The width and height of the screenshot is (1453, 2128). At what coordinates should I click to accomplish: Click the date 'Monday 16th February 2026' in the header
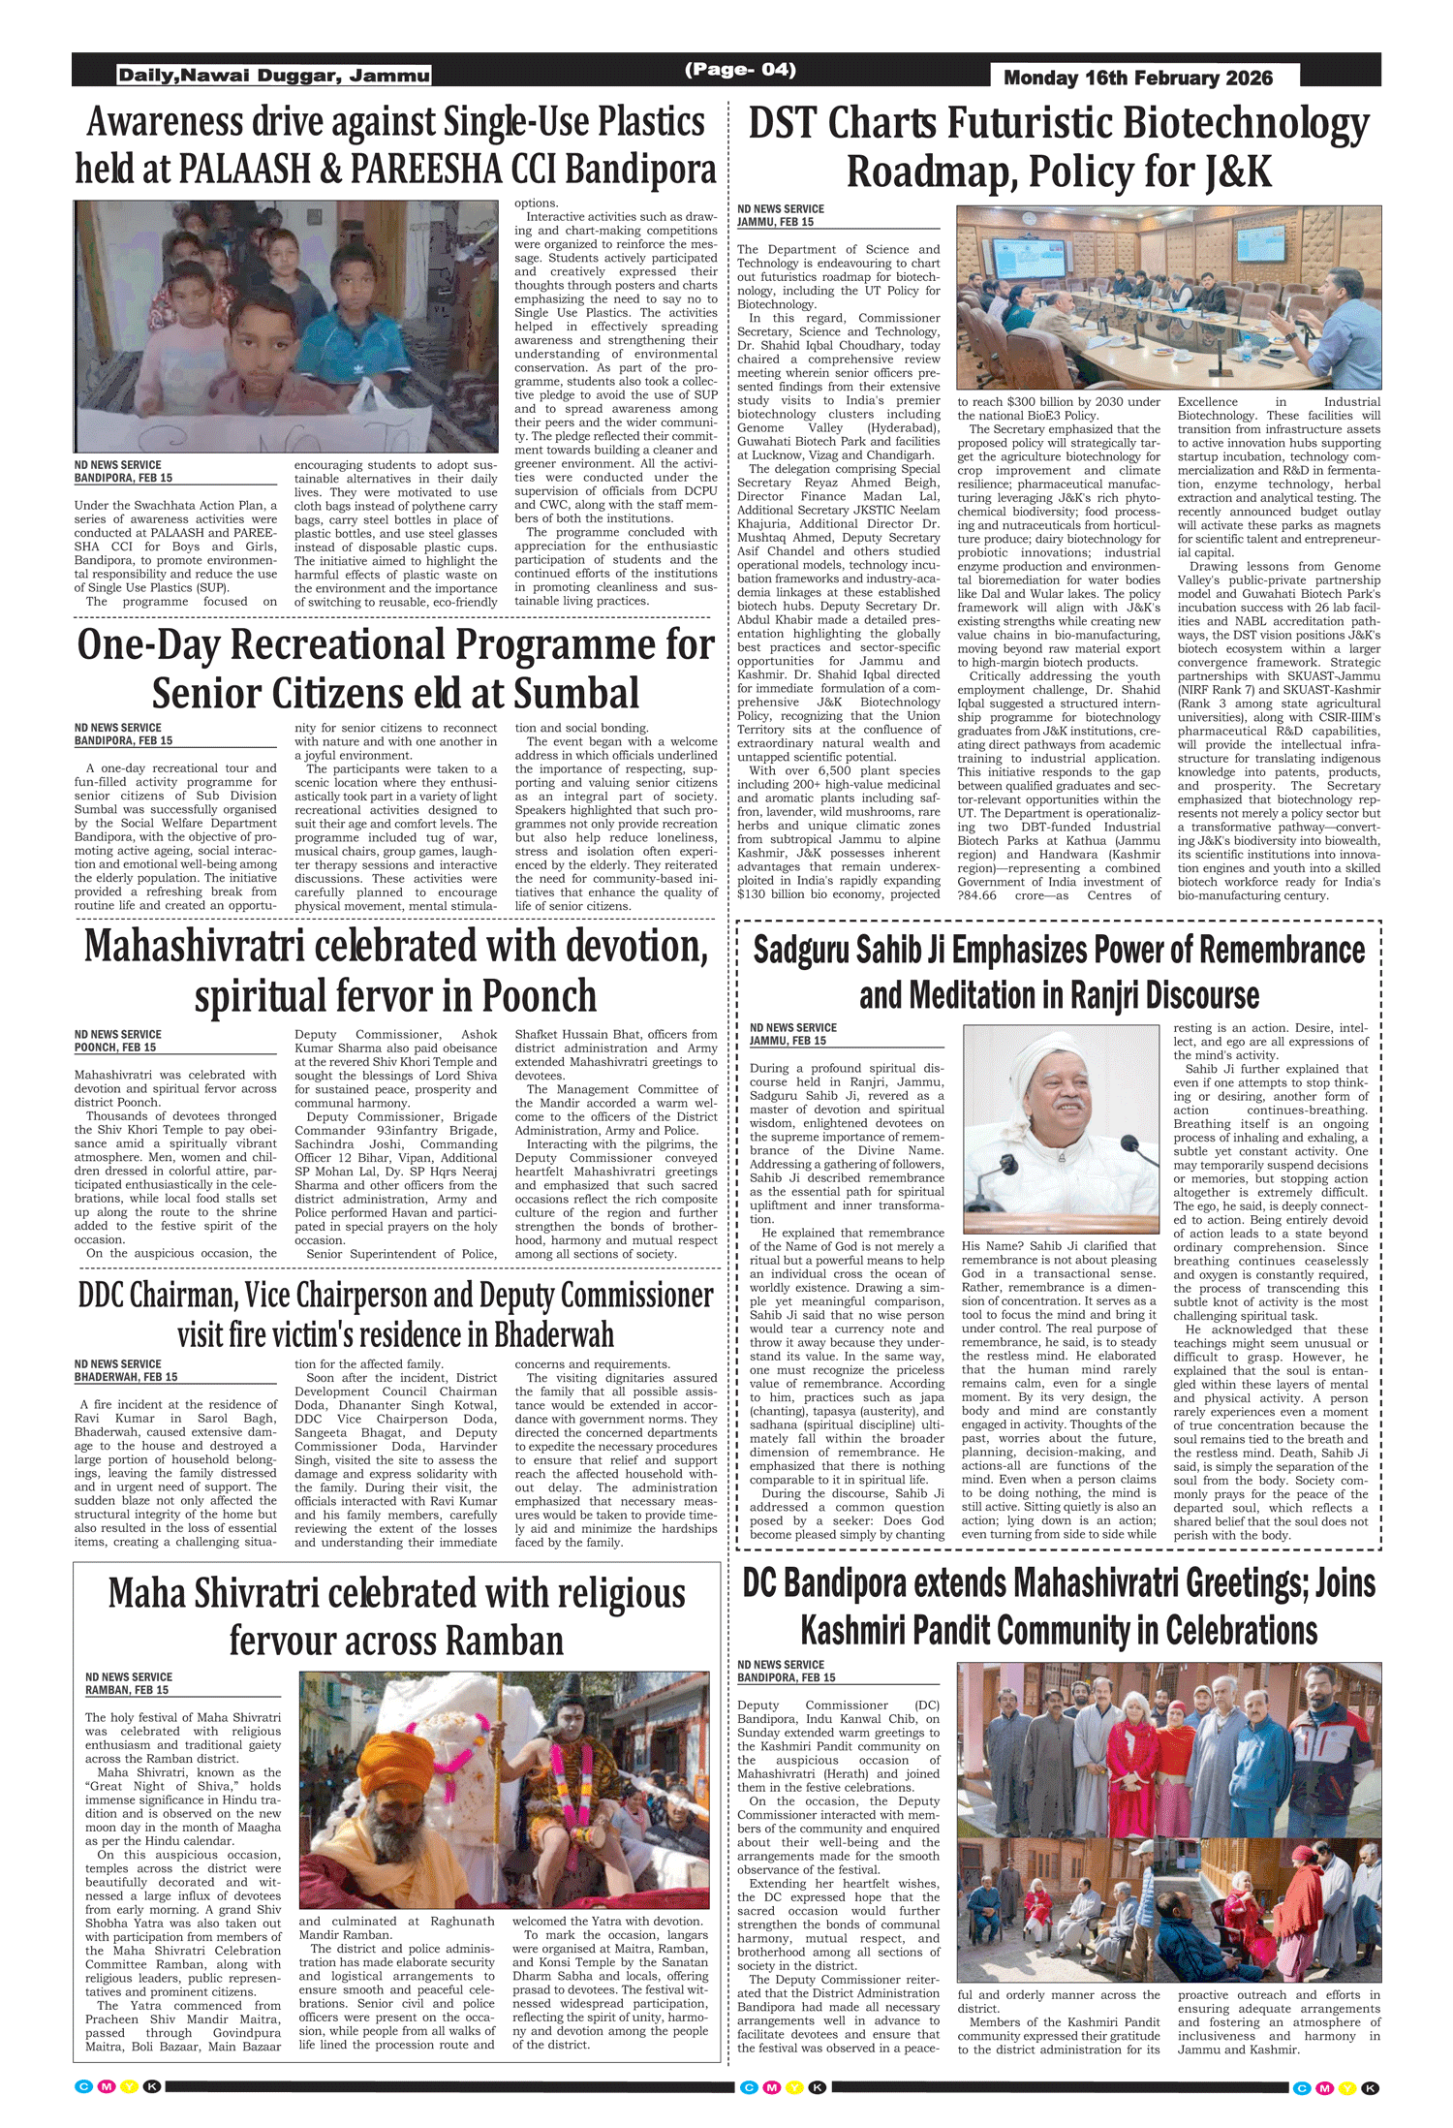(1138, 78)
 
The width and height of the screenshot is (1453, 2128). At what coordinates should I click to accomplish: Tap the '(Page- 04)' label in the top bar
(740, 69)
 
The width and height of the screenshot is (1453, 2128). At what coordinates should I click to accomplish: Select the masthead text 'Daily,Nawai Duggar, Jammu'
(274, 76)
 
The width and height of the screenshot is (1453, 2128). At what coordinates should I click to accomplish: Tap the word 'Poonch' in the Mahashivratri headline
(539, 995)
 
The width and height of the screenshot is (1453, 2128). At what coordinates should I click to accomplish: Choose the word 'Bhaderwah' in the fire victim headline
(553, 1334)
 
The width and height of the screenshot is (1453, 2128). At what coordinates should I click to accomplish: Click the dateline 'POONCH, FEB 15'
(115, 1048)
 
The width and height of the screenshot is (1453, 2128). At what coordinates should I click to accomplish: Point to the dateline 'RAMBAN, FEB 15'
(127, 1689)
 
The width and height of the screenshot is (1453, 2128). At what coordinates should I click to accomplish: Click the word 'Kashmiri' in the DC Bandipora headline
(864, 1631)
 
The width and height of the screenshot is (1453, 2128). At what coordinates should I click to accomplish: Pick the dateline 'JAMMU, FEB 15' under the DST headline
(775, 222)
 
